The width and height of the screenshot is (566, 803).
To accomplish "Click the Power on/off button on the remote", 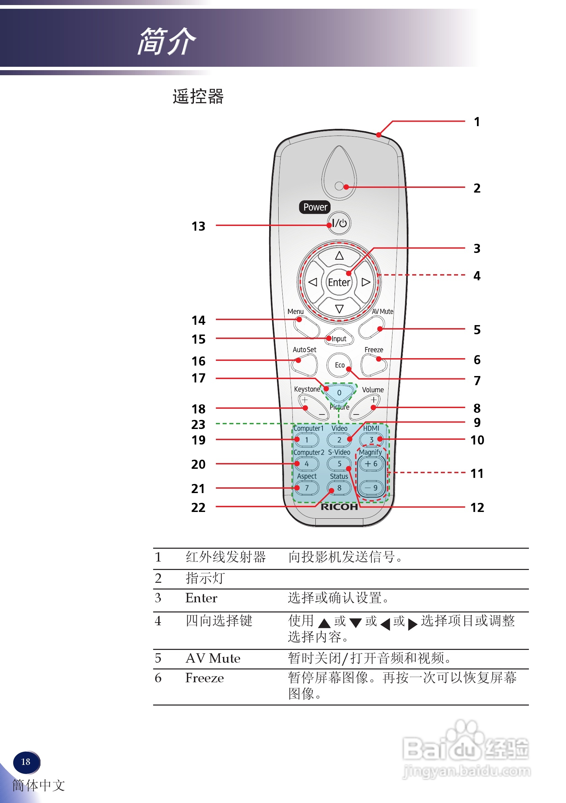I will click(339, 223).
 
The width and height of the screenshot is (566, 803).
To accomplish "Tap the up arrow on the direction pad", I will click(339, 256).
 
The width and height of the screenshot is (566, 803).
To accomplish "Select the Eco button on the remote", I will click(339, 365).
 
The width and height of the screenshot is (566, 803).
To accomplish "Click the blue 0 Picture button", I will click(339, 393).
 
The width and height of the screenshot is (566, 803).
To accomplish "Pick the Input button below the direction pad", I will click(339, 339).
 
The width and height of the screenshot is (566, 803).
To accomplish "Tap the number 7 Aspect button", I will click(307, 488).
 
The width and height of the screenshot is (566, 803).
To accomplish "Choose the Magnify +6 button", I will click(371, 464).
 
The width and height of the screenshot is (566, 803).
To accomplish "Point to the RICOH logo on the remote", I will click(339, 507).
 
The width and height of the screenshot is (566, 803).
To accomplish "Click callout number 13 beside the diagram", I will click(198, 226).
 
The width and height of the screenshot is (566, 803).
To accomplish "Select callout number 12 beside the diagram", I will click(477, 508).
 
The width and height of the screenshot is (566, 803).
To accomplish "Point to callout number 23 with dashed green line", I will click(198, 425).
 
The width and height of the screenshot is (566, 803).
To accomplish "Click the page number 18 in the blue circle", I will click(26, 762).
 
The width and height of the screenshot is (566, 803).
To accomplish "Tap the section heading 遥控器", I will click(198, 96).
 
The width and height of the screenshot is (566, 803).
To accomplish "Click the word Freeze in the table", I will click(205, 678).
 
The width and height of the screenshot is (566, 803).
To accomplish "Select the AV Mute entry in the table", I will click(213, 658).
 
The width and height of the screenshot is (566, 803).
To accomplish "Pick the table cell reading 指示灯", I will click(205, 578).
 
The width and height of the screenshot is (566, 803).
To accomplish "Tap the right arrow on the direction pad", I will click(366, 282).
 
